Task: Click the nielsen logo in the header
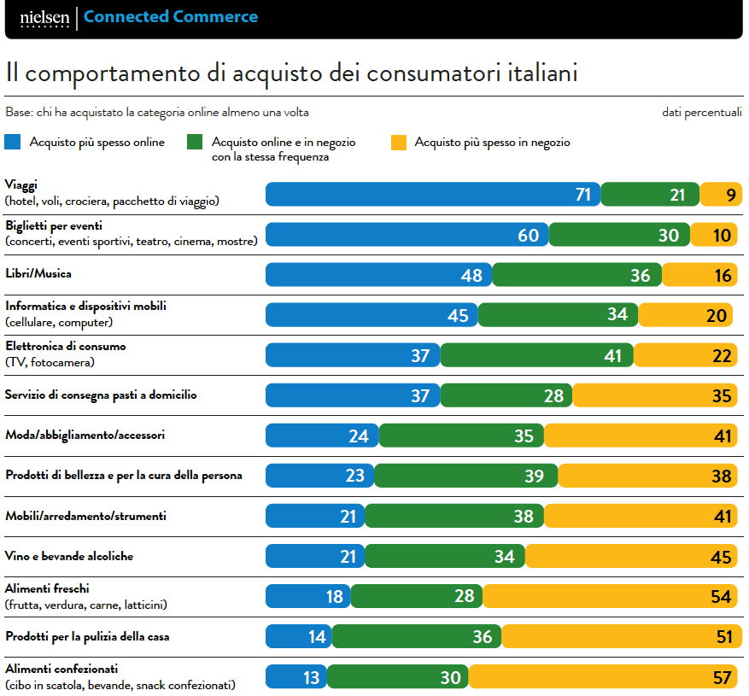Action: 44,18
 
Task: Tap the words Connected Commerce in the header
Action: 171,17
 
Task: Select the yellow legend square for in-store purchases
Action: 398,143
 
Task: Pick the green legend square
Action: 195,143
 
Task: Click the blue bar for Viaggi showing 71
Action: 432,195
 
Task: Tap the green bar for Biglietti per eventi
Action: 619,235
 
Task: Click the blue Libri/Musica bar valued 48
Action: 378,275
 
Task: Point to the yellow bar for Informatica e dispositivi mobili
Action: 687,315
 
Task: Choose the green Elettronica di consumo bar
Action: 536,355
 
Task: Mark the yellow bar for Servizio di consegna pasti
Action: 654,395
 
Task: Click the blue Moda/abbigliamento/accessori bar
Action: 322,436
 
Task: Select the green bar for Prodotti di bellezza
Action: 465,476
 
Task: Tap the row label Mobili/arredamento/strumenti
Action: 85,517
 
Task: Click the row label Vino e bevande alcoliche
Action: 69,557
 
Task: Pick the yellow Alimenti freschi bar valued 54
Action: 609,596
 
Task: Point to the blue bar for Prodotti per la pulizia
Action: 298,636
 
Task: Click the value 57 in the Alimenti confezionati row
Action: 723,677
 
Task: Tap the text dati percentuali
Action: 701,113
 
